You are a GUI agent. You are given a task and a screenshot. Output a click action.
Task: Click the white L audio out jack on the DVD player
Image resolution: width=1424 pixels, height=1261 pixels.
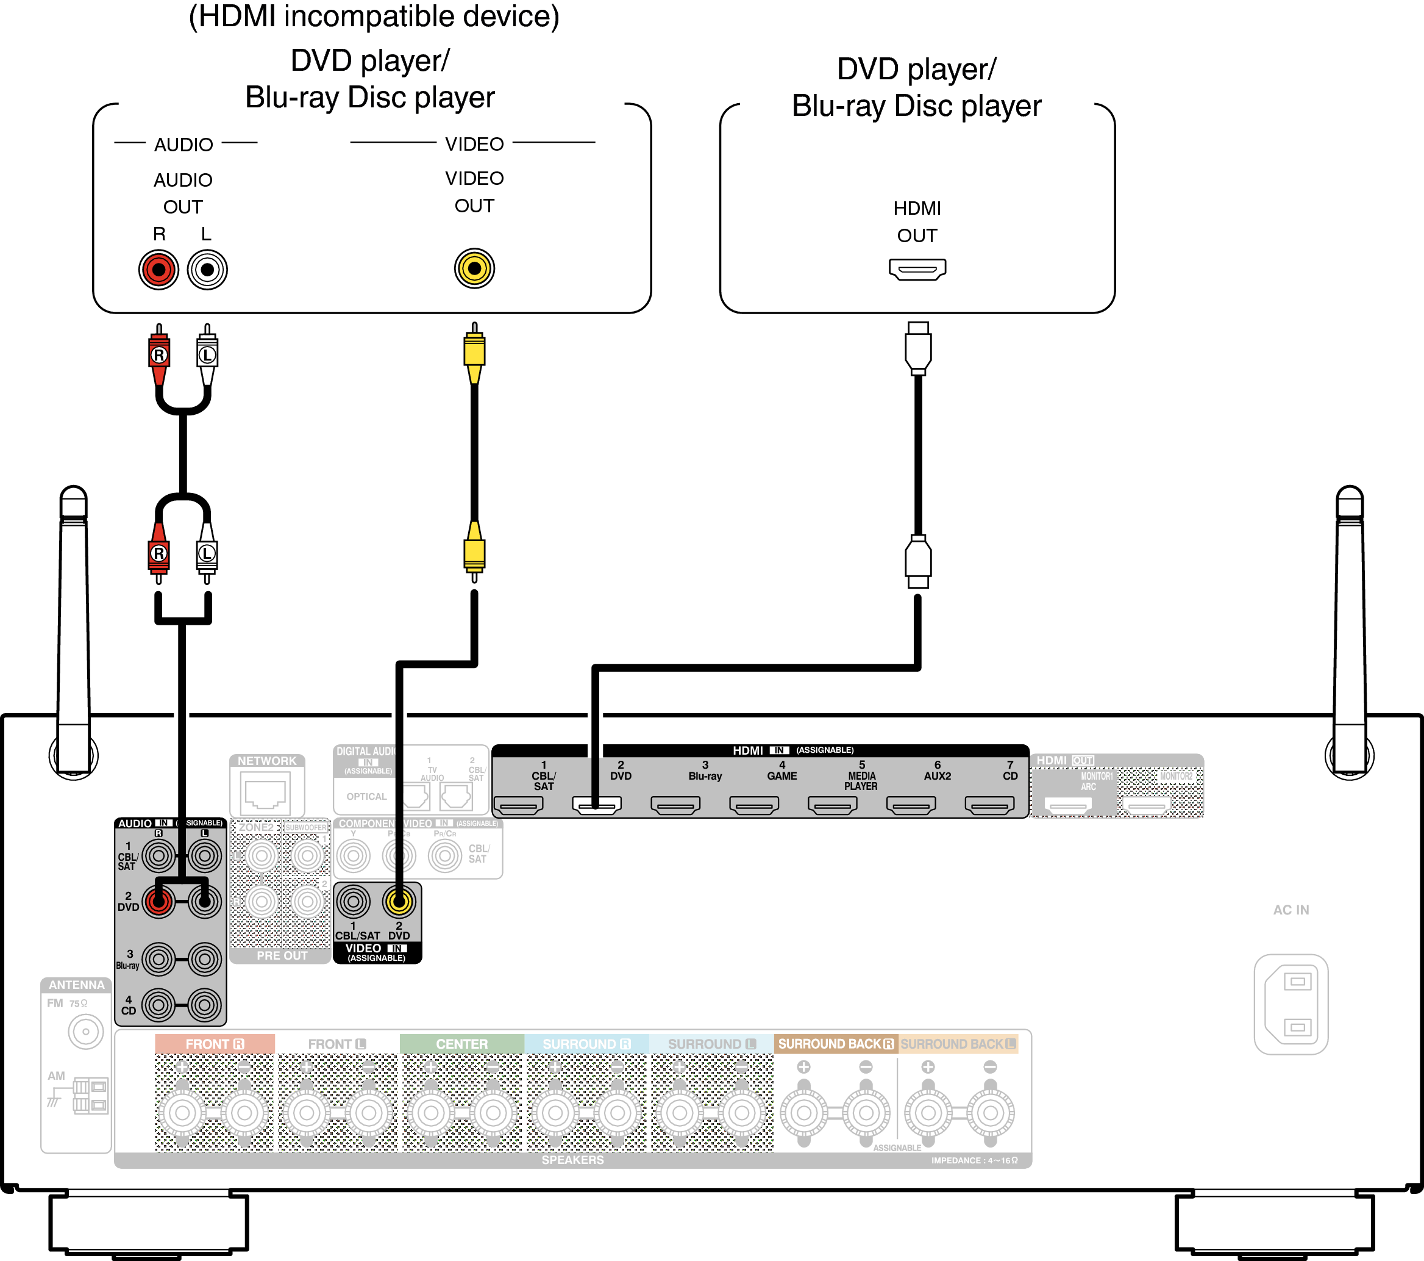pos(207,270)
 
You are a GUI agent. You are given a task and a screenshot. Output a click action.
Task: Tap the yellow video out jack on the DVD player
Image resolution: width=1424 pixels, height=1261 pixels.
pos(474,268)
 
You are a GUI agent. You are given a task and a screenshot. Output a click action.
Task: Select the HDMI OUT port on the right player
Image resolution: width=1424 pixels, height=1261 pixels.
pos(917,269)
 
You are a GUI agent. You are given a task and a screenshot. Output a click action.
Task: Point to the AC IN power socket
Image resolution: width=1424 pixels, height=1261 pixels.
pos(1291,1004)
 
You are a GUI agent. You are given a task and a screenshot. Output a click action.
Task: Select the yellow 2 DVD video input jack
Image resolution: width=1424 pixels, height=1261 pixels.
pos(399,902)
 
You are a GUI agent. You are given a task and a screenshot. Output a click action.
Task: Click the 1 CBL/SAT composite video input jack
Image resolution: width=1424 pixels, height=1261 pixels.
pos(353,902)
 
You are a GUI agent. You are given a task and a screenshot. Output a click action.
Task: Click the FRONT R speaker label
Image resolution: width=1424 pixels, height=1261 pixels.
pos(215,1044)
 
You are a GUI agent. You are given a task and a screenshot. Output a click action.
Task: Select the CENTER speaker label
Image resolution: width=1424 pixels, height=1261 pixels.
pos(461,1044)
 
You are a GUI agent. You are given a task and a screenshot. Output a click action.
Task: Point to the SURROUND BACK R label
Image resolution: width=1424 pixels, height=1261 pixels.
pos(835,1044)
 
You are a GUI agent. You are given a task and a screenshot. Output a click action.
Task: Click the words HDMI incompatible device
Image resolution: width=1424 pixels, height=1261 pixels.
pos(374,16)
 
